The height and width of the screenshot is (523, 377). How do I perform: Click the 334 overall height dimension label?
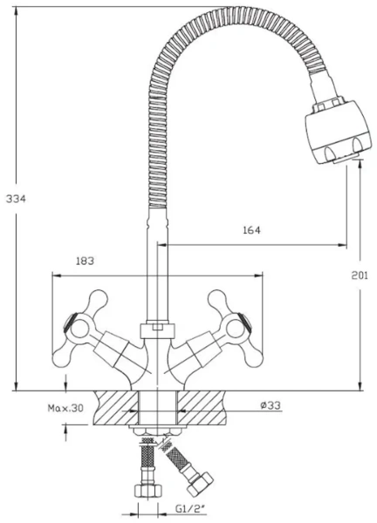[x=16, y=199]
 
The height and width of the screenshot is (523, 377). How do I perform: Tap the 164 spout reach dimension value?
[x=251, y=230]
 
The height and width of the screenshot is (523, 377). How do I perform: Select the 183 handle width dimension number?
[x=85, y=261]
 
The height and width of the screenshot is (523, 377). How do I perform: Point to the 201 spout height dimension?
[x=360, y=275]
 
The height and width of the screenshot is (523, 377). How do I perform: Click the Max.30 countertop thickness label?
[x=65, y=408]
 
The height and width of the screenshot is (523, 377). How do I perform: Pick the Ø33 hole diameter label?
[x=271, y=405]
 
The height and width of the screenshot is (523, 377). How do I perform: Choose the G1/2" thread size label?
[x=190, y=509]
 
